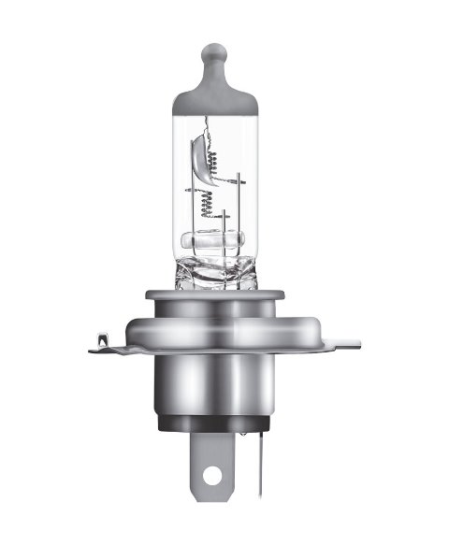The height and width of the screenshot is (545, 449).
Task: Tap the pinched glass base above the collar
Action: point(224,276)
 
